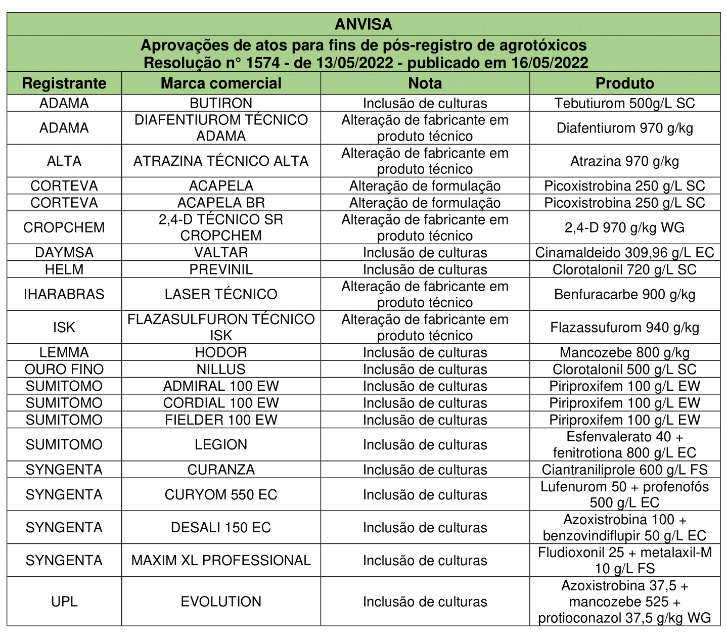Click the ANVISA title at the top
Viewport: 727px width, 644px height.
tap(363, 24)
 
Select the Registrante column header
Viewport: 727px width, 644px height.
tap(64, 83)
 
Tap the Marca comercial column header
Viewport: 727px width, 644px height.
tap(221, 83)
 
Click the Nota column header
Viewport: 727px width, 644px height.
tap(425, 83)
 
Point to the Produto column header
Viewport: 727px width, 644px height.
tap(624, 83)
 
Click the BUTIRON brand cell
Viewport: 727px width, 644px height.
tap(221, 103)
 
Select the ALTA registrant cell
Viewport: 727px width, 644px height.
tap(64, 161)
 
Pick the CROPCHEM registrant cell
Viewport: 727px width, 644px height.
tap(64, 227)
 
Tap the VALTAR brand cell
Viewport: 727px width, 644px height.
tap(221, 253)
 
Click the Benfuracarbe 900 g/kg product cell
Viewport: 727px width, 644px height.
tap(624, 294)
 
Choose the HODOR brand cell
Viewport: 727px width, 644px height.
tap(221, 352)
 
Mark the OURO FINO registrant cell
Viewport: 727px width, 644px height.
tap(64, 370)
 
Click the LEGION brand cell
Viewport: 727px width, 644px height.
tap(221, 445)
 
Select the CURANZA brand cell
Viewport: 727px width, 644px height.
tap(221, 470)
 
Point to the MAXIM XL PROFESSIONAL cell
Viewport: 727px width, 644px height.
tap(221, 561)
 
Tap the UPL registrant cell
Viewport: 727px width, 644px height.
tap(64, 602)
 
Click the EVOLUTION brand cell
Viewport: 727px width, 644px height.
tap(221, 602)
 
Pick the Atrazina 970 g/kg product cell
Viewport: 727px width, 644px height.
tap(624, 161)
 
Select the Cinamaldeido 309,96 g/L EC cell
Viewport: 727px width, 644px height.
tap(624, 253)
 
